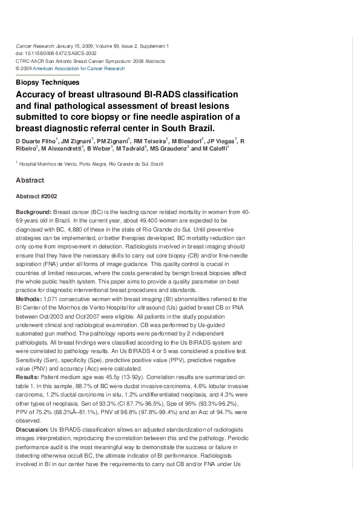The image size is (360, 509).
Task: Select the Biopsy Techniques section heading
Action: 47,82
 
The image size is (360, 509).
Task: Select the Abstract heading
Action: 30,180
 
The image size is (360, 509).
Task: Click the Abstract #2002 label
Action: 36,196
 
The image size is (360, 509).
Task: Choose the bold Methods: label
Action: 29,299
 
